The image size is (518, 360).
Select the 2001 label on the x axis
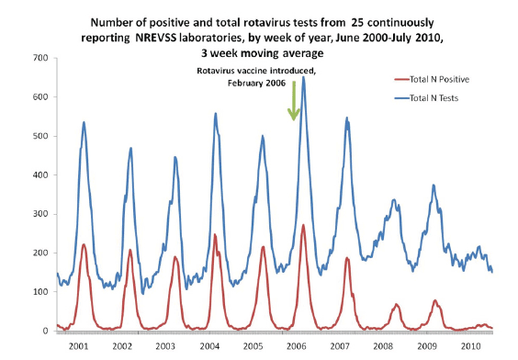coord(77,345)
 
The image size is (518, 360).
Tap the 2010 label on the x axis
coord(469,345)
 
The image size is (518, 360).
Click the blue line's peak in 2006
coord(303,77)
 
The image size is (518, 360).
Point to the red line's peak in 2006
coord(304,225)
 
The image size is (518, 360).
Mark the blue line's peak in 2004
coord(216,114)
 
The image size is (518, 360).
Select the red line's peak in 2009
coord(435,300)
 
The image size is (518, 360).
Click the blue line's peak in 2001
coord(84,122)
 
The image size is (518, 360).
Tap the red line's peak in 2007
coord(347,258)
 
